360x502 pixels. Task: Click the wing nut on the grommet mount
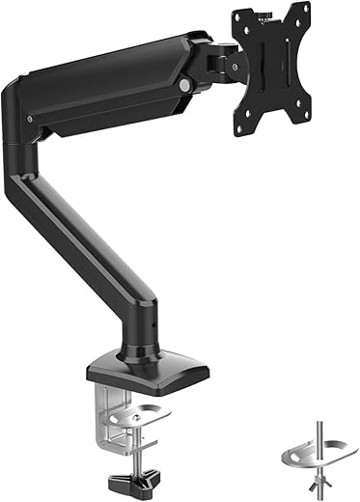click(x=314, y=465)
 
